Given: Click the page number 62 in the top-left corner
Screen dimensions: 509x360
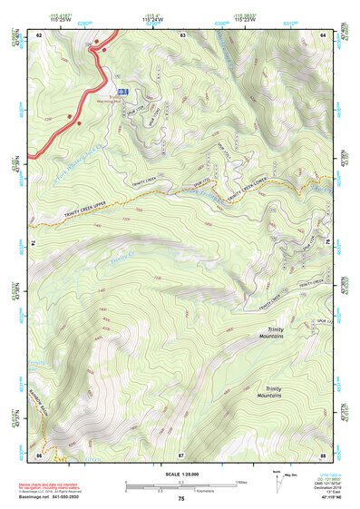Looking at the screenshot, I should click(x=39, y=34).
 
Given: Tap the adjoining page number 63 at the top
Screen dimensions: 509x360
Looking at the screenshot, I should click(x=182, y=34).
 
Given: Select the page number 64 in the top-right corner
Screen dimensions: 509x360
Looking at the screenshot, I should click(x=325, y=34).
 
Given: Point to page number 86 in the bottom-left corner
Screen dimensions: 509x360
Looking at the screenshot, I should click(x=39, y=454).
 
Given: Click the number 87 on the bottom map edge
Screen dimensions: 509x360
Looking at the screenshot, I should click(x=181, y=454).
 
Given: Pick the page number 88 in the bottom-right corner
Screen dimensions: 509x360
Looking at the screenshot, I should click(x=324, y=454).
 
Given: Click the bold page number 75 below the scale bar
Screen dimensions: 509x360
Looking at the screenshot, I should click(x=180, y=499).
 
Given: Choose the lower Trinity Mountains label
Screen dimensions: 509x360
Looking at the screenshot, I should click(x=268, y=392).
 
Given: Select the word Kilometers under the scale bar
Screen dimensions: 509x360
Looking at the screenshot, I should click(x=214, y=494).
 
